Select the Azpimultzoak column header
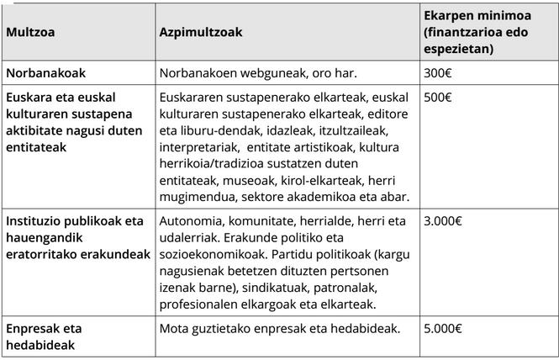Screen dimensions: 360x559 201,32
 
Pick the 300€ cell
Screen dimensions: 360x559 438,72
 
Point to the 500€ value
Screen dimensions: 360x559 438,98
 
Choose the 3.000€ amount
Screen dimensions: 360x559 443,221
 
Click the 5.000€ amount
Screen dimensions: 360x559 443,328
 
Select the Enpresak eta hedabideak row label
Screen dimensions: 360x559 45,336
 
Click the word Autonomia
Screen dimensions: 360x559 190,221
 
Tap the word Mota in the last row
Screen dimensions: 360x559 174,328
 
